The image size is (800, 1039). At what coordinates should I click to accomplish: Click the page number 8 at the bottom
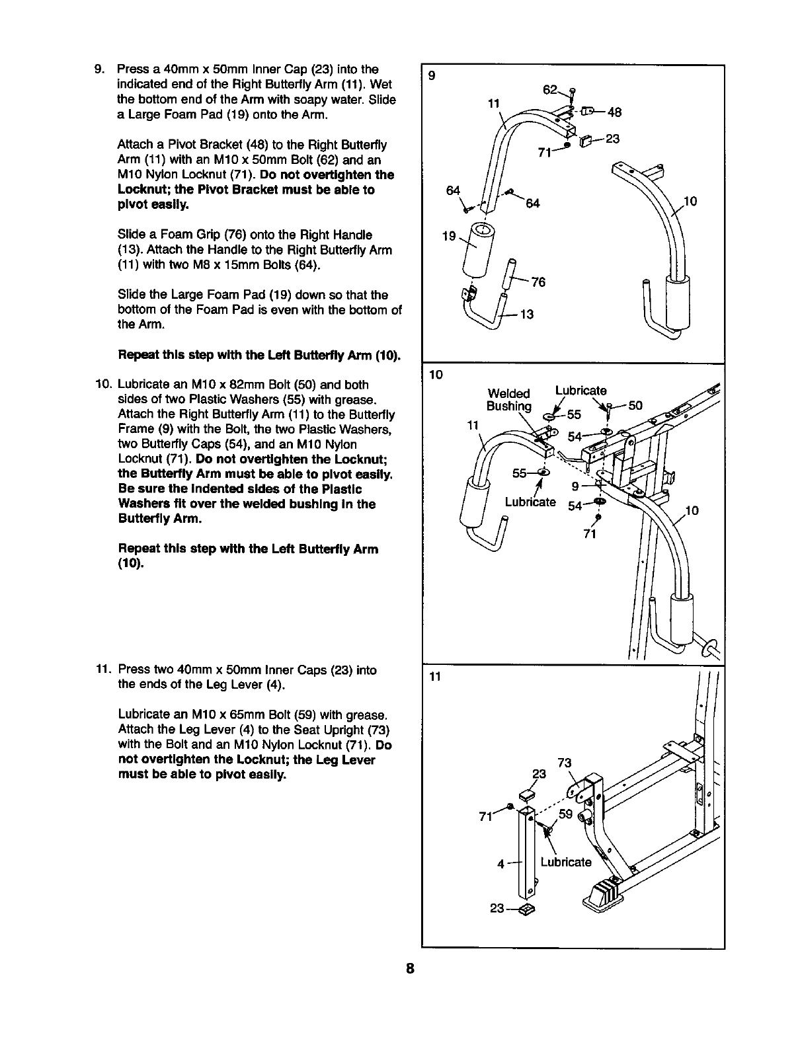410,970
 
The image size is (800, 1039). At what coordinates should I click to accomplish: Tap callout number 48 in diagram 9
615,112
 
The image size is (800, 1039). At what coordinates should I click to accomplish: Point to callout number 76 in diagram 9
538,282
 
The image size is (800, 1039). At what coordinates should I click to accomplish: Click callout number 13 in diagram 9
527,315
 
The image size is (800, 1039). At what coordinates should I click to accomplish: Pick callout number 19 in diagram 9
449,236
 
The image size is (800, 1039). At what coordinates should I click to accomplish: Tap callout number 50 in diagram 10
635,405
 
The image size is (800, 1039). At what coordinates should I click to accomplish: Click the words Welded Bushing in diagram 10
508,399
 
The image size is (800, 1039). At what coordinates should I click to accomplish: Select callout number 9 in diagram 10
575,487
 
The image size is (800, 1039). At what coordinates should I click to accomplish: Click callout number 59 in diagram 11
565,814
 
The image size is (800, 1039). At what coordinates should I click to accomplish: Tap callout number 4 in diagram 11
502,864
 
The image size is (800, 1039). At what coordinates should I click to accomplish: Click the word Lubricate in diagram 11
566,862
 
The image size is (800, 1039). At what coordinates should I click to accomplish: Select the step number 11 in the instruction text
103,670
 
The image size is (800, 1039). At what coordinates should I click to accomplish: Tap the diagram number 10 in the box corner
436,375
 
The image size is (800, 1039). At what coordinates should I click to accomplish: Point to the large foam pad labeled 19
477,250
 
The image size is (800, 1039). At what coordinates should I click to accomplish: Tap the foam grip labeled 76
510,274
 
